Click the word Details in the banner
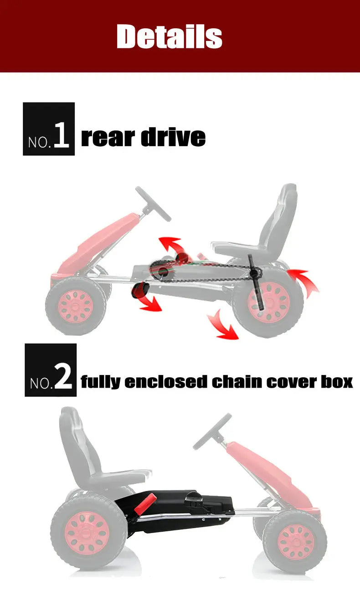(x=170, y=36)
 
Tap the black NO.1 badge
(x=49, y=129)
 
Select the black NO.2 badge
(x=51, y=370)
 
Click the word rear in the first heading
(x=108, y=137)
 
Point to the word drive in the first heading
(x=174, y=137)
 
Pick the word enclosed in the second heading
(x=166, y=381)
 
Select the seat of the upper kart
(x=264, y=228)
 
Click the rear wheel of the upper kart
(x=269, y=302)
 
